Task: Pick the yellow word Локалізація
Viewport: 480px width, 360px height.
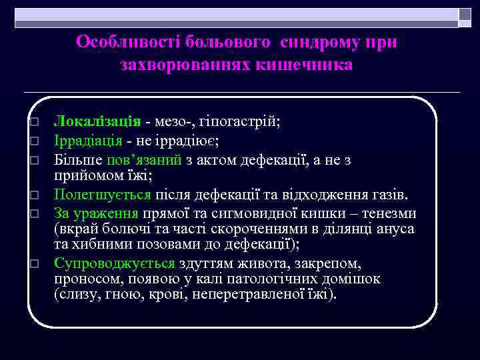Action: [x=97, y=121]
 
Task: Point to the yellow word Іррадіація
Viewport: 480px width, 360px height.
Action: [x=88, y=141]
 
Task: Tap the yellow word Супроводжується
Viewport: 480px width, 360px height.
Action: [x=115, y=263]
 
